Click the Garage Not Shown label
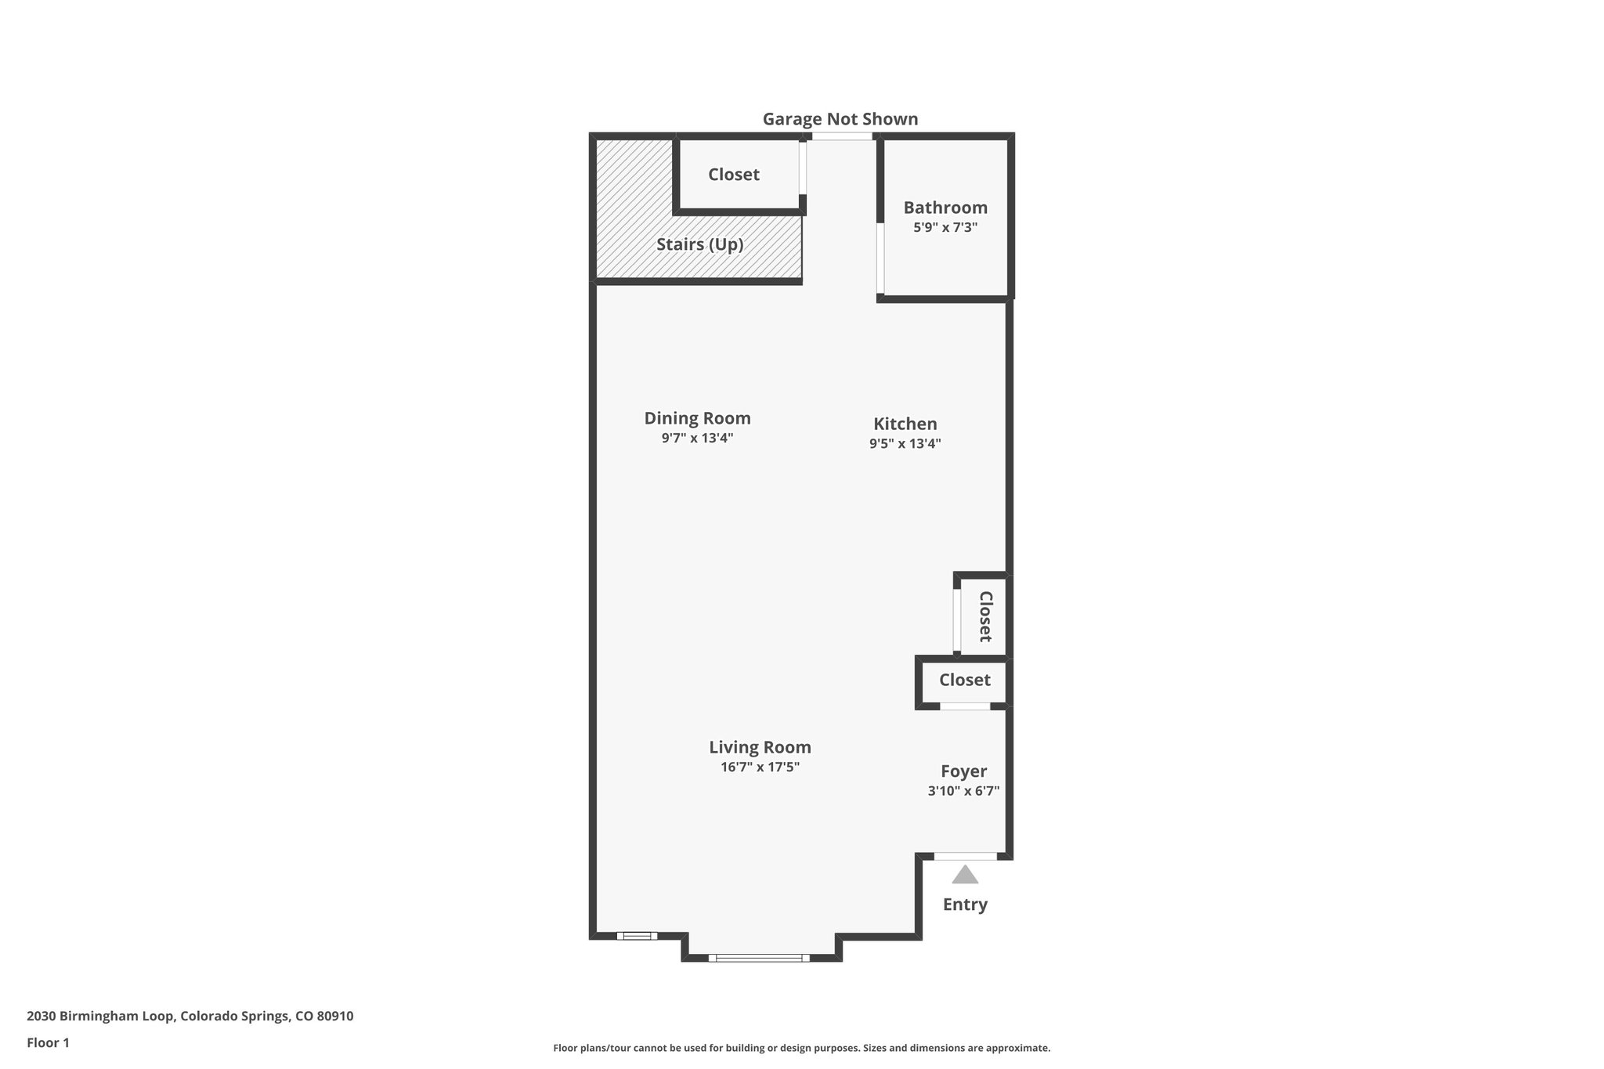point(840,119)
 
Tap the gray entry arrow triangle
point(965,875)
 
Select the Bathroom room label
point(945,208)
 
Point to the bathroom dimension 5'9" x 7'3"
point(945,228)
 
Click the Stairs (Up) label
point(699,244)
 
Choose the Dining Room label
point(697,418)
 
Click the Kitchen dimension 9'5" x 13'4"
point(905,443)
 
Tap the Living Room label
point(760,747)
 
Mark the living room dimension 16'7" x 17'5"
point(760,767)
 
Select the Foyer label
point(963,771)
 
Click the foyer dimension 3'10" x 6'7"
point(963,791)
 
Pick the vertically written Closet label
point(985,616)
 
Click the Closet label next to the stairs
point(734,175)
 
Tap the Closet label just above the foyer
point(965,680)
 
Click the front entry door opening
point(965,856)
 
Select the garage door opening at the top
point(841,136)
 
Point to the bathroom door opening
point(880,258)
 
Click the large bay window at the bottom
point(759,957)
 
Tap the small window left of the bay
point(637,935)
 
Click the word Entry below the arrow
point(965,905)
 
